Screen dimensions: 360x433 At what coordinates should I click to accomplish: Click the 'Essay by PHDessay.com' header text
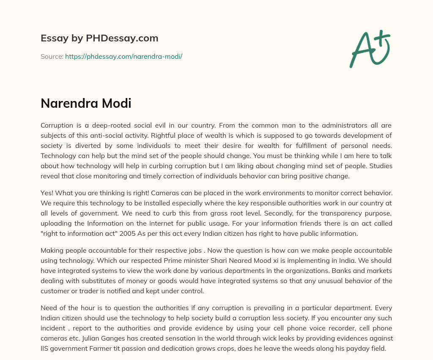coord(99,38)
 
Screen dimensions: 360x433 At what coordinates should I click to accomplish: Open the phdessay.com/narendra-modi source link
coord(123,56)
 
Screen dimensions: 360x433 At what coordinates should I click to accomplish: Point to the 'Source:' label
coord(52,56)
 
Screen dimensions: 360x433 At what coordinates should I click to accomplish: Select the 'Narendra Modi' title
coord(86,104)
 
